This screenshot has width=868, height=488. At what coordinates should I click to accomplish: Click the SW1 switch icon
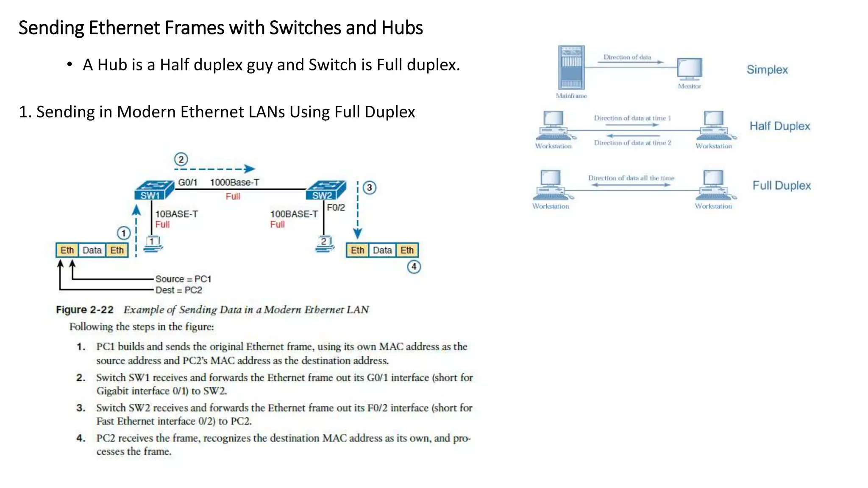click(154, 190)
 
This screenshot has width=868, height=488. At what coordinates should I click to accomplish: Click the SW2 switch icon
click(325, 190)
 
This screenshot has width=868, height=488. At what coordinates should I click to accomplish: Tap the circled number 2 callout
click(181, 159)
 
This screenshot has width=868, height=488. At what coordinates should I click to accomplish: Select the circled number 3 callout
click(370, 188)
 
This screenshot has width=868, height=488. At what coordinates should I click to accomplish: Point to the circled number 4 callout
click(414, 267)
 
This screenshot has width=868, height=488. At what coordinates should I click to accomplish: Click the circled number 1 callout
click(123, 233)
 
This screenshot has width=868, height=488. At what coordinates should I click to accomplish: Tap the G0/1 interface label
click(187, 183)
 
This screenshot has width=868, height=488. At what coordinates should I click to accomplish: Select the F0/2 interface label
click(336, 208)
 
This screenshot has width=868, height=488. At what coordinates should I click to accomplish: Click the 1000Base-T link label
click(234, 183)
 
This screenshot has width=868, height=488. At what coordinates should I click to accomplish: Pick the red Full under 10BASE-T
click(162, 225)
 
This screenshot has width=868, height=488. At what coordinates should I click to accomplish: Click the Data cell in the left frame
click(92, 250)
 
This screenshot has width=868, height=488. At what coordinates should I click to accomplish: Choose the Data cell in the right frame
click(382, 250)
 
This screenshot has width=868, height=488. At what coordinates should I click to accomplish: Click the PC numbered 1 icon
click(153, 244)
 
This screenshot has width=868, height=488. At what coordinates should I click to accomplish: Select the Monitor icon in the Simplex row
click(690, 69)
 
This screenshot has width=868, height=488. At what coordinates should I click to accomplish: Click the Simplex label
click(767, 70)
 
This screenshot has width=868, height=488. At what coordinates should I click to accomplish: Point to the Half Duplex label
click(780, 126)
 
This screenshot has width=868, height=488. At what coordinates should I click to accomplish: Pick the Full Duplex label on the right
click(782, 186)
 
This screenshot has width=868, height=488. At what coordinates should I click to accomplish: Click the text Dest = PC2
click(178, 290)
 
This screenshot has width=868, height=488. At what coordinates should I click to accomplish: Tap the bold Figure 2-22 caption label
click(85, 310)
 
